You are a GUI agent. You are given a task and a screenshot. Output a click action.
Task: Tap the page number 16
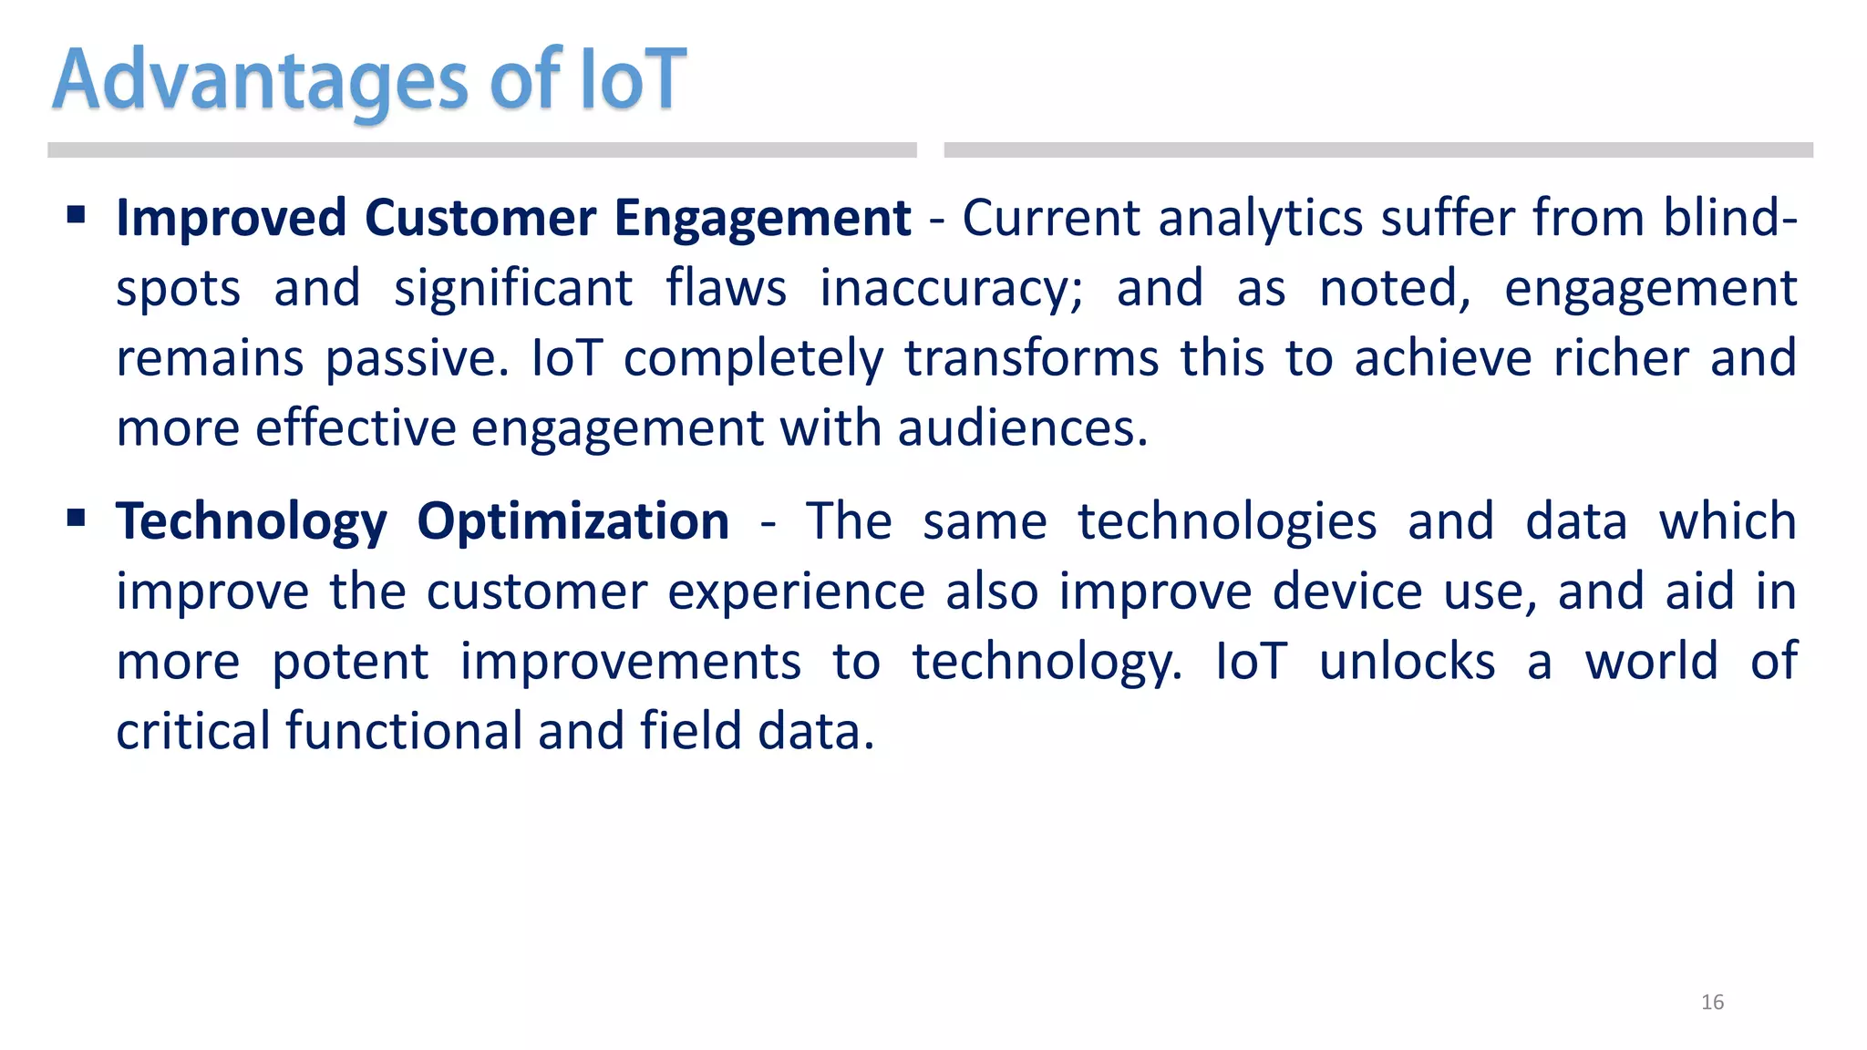pyautogui.click(x=1712, y=1003)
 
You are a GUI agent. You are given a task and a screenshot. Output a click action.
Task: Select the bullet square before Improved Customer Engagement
pyautogui.click(x=77, y=215)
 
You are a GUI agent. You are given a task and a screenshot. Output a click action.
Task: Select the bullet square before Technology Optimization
pyautogui.click(x=77, y=519)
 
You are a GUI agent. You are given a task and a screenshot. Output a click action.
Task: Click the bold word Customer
pyautogui.click(x=480, y=219)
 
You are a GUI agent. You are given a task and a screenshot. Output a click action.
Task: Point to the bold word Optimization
pyautogui.click(x=572, y=522)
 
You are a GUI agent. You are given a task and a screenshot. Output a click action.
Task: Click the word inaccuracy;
pyautogui.click(x=951, y=289)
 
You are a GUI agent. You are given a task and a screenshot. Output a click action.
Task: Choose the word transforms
pyautogui.click(x=1031, y=358)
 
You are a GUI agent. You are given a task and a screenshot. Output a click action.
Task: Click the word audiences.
pyautogui.click(x=1022, y=428)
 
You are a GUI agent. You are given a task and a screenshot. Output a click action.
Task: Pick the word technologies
pyautogui.click(x=1227, y=522)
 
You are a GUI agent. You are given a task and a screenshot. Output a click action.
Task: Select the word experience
pyautogui.click(x=796, y=592)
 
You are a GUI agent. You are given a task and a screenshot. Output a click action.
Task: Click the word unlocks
pyautogui.click(x=1407, y=662)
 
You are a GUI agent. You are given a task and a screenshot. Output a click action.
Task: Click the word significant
pyautogui.click(x=512, y=289)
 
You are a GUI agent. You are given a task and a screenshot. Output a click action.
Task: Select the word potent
pyautogui.click(x=350, y=663)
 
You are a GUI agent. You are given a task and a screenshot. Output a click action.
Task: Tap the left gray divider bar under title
pyautogui.click(x=481, y=150)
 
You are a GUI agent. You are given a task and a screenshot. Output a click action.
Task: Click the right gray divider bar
pyautogui.click(x=1377, y=150)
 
